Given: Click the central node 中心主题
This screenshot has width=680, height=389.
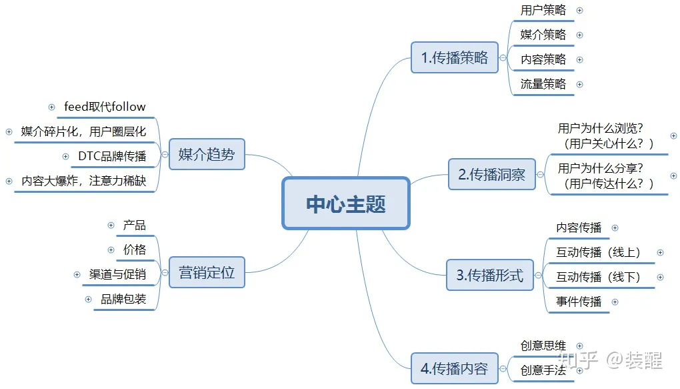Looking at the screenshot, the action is coord(346,204).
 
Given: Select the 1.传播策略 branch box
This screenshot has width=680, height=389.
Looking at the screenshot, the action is coord(455,57).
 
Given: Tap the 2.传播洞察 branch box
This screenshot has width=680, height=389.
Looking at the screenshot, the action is coord(492,174).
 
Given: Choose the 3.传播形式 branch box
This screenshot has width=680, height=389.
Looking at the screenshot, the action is coord(490,275).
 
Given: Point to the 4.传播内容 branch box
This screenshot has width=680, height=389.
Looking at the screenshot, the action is coord(455,368).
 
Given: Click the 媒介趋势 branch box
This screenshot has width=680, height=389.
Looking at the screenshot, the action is coord(207,154).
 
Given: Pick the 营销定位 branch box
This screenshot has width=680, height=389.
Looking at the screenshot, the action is coord(207,272).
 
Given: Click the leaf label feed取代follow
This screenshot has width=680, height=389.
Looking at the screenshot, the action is coord(105,106).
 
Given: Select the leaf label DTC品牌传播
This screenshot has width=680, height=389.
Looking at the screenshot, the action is coord(112,156).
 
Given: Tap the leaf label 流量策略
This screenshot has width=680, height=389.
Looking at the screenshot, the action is coord(543,84).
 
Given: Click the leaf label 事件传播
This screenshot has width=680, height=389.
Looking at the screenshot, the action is coord(579,302).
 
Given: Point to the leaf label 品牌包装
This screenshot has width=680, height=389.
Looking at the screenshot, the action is coord(123,299).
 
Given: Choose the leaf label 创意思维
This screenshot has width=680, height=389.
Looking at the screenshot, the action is coord(543,346).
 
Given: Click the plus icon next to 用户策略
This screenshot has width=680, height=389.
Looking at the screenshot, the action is coord(580,11).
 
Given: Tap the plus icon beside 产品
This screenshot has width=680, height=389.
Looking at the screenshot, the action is coord(111,226).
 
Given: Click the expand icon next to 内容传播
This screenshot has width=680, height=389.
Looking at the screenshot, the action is coord(615,228).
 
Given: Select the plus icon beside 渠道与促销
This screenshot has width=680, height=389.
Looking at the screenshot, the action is coord(77,274).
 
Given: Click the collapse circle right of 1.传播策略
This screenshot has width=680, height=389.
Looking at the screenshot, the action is coord(503,58).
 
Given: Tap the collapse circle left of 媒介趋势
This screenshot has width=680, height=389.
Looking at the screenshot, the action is coord(165,154).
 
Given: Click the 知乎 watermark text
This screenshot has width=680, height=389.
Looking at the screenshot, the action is coord(577,360).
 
